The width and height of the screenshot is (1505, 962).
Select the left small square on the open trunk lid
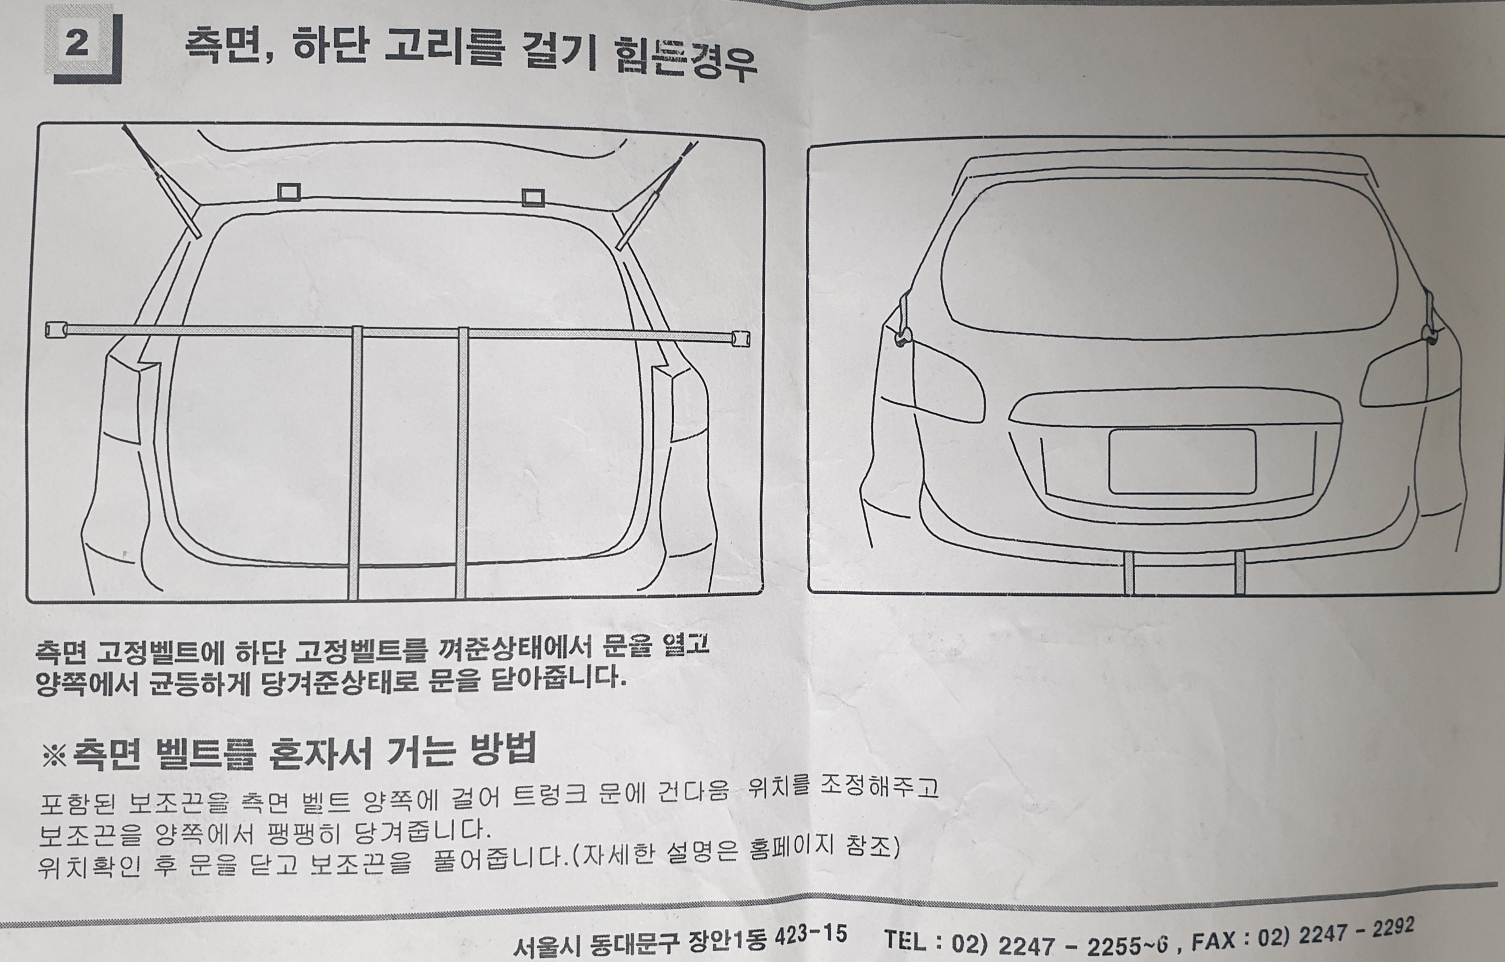[x=289, y=192]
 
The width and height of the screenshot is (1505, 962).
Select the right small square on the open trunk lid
[x=533, y=198]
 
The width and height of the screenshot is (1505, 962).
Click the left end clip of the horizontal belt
[x=56, y=329]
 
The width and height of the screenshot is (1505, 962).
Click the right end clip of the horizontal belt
[x=741, y=339]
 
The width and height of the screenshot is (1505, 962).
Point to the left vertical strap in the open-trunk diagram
[x=355, y=463]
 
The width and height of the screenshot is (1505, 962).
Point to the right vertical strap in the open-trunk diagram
[x=463, y=463]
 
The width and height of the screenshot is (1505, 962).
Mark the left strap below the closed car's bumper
[x=1128, y=572]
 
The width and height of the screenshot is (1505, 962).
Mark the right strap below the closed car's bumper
[x=1240, y=572]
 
